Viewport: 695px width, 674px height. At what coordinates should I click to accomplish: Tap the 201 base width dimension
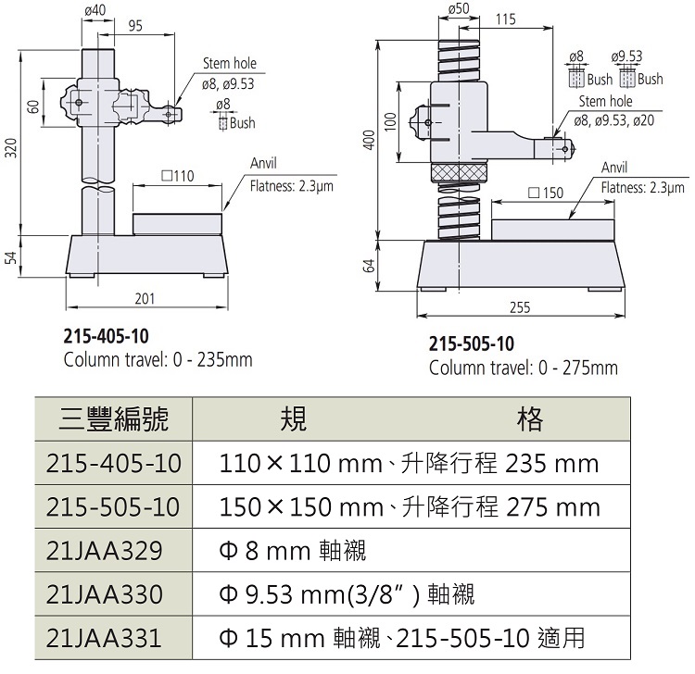coord(145,298)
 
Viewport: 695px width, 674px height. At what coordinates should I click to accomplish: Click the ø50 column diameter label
coord(459,8)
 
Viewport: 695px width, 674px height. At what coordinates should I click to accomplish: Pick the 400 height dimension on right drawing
coord(369,140)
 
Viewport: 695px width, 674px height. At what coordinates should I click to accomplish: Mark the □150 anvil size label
coord(545,193)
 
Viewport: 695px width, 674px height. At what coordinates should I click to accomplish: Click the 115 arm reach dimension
coord(506,19)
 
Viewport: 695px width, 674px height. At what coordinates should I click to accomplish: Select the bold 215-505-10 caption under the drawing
coord(471,344)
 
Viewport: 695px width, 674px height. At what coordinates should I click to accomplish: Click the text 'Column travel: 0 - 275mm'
coord(523,368)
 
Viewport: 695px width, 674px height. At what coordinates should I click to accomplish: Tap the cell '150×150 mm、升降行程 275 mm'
coord(410,506)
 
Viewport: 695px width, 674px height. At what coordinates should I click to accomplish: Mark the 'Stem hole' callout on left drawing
coord(229,64)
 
